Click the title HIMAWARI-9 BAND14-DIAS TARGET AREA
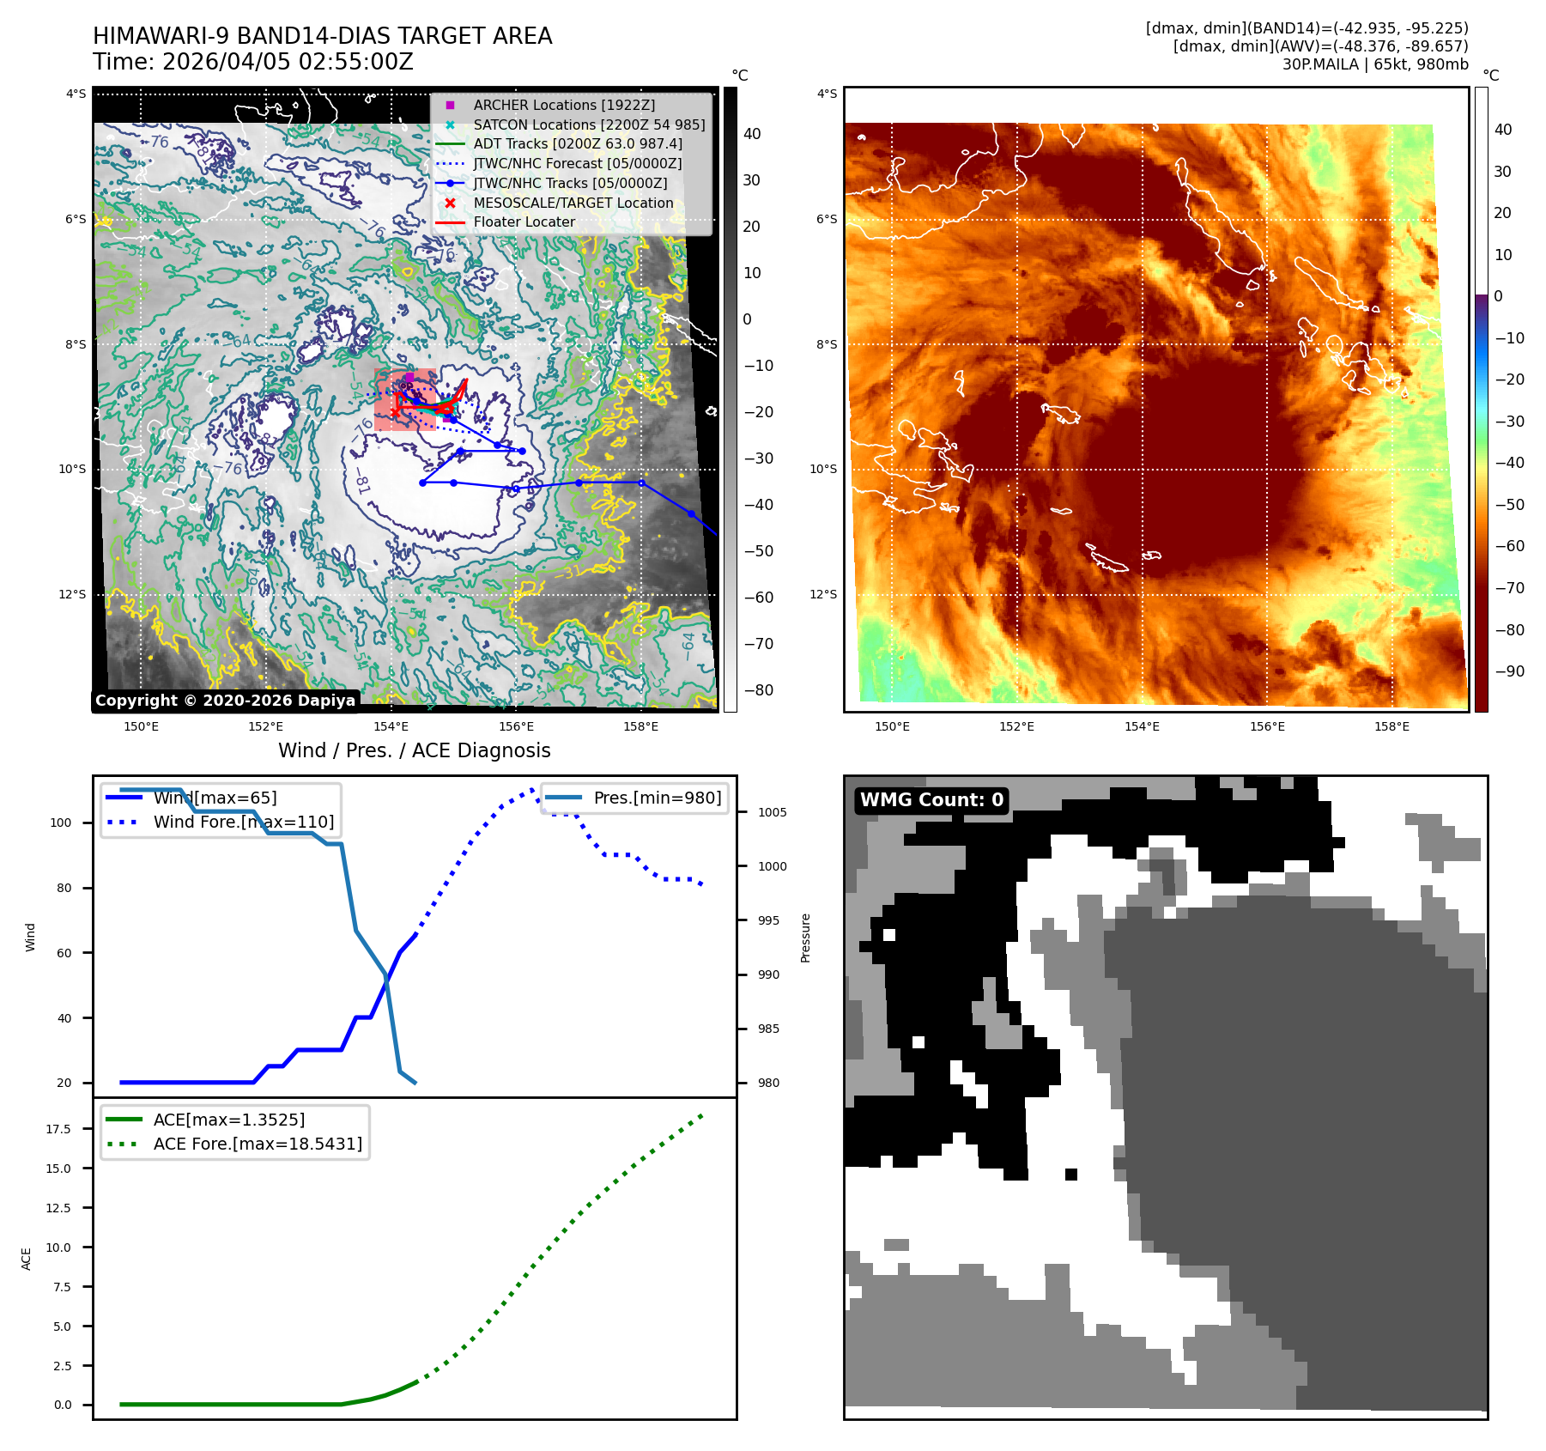322,36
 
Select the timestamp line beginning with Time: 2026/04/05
253,62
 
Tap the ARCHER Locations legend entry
563,105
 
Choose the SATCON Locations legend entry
588,124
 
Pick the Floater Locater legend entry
524,222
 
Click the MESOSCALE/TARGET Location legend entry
573,203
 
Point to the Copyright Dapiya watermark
225,701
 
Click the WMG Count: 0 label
931,800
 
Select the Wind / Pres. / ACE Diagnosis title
414,750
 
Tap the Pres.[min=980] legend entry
657,798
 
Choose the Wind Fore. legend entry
243,822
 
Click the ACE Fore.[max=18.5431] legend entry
258,1144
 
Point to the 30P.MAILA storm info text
1374,64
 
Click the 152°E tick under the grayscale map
266,726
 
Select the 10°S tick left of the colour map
822,469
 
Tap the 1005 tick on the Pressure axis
772,812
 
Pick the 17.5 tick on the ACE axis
58,1129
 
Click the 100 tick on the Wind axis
61,823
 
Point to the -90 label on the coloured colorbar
1508,671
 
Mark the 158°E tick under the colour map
1391,726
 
